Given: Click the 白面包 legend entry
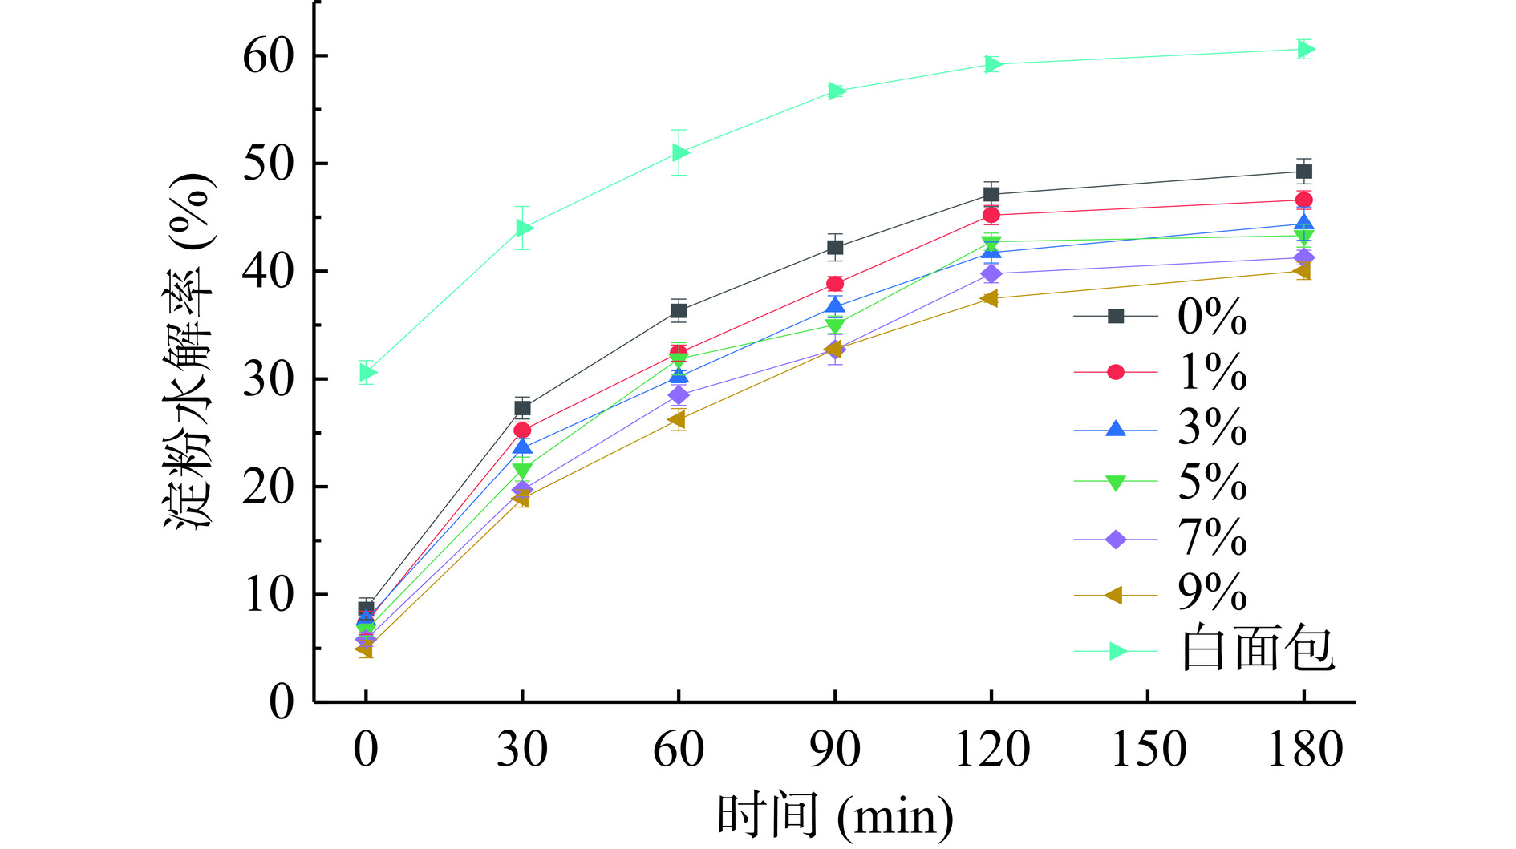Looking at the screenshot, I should pyautogui.click(x=1257, y=649).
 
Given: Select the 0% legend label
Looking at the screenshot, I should pyautogui.click(x=1212, y=317).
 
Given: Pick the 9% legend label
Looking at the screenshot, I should pyautogui.click(x=1212, y=594).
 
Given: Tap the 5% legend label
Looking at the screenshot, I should pyautogui.click(x=1212, y=483).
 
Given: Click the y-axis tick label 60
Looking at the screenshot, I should pyautogui.click(x=268, y=56).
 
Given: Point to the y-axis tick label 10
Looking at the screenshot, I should pyautogui.click(x=268, y=595).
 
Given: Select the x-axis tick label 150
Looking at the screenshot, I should pyautogui.click(x=1148, y=750).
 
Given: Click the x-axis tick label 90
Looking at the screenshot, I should pyautogui.click(x=835, y=750).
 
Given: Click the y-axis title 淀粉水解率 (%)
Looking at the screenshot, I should pyautogui.click(x=190, y=351).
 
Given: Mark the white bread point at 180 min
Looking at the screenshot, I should pyautogui.click(x=1305, y=50).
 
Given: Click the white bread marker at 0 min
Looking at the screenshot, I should pyautogui.click(x=367, y=372).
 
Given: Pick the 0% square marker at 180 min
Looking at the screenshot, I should pyautogui.click(x=1304, y=172).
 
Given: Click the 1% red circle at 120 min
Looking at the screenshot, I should pyautogui.click(x=991, y=215).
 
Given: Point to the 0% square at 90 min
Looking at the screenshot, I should pyautogui.click(x=835, y=248).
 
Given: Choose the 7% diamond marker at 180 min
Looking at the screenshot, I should pyautogui.click(x=1304, y=257).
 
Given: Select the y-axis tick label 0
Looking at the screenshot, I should pyautogui.click(x=282, y=703).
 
